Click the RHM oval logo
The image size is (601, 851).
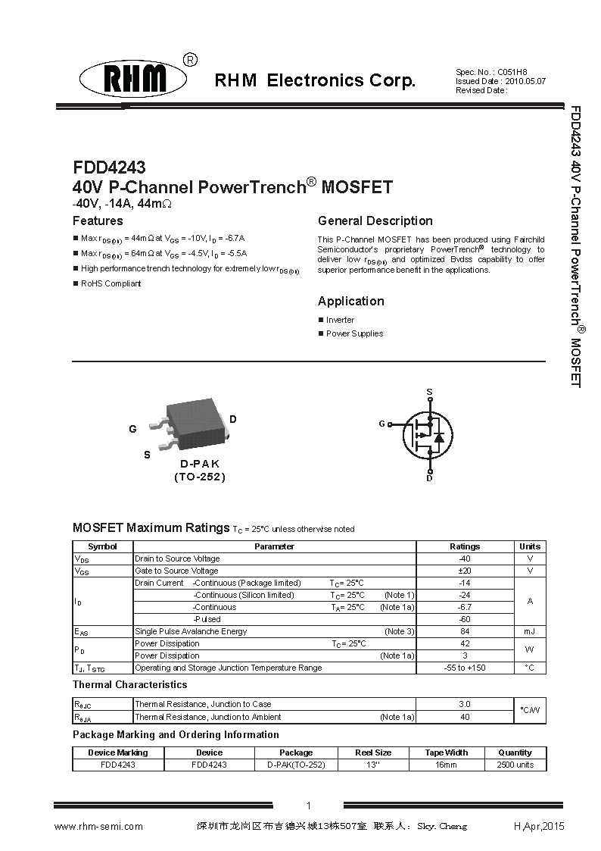(134, 79)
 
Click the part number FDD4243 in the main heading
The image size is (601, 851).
(109, 167)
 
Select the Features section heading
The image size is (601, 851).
(98, 221)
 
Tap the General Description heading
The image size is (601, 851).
(375, 221)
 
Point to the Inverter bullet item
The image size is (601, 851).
(340, 320)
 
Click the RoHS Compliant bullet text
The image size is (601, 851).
(111, 283)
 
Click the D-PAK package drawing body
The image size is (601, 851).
(196, 419)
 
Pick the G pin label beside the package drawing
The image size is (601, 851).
(132, 429)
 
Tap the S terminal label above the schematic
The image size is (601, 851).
(429, 392)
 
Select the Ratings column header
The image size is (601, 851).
(465, 546)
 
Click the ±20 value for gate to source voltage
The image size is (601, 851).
(465, 571)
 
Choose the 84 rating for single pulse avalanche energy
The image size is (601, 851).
(465, 631)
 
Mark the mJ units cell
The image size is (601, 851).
(530, 631)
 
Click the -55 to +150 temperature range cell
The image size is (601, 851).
(465, 668)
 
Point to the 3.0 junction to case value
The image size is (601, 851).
(465, 704)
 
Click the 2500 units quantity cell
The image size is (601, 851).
(515, 765)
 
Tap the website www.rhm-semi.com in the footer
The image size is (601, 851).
(98, 826)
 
